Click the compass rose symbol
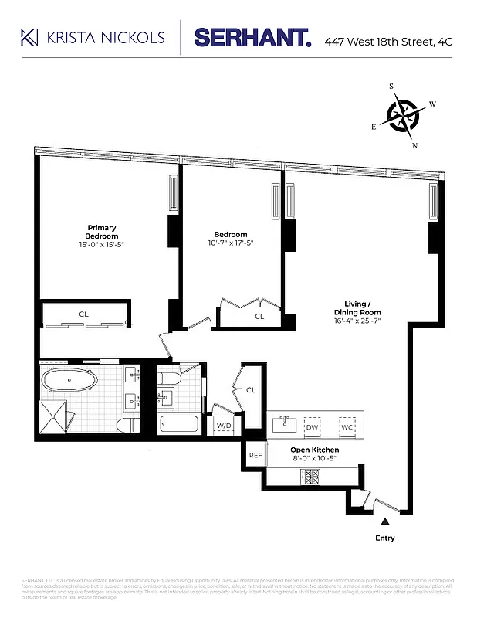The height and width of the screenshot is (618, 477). pos(403,116)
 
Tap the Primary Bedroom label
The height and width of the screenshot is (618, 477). pos(100,232)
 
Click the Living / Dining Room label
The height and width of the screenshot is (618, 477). pos(357,307)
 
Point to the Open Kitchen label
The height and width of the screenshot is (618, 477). pos(314,450)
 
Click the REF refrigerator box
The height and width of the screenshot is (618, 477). pos(255,456)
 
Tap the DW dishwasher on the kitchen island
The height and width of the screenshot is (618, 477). pos(313,426)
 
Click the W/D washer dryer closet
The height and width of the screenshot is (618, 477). pos(223,426)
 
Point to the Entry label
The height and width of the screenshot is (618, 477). pos(384,538)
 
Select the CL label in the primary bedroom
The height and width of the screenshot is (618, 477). pos(83,314)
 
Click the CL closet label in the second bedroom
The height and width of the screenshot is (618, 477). pos(259,316)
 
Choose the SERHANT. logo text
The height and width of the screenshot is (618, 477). pos(252,37)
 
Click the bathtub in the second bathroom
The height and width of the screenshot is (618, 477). pos(176,424)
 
